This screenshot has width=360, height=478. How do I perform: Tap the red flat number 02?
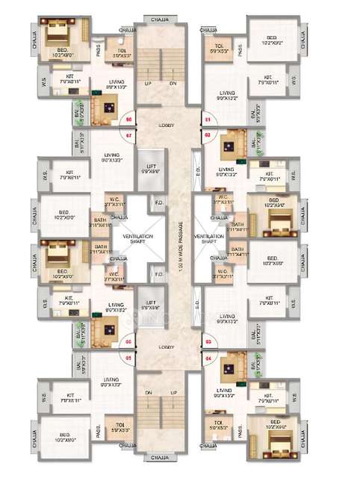click(x=207, y=135)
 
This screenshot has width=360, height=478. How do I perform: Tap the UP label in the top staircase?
click(x=148, y=84)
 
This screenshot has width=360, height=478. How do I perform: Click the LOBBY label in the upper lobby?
click(x=167, y=126)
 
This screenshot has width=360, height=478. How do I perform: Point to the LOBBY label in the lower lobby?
click(x=167, y=348)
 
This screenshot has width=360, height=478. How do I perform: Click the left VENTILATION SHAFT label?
click(x=138, y=238)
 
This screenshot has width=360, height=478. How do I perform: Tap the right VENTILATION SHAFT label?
click(x=210, y=238)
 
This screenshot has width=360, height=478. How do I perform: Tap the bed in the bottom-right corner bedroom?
click(x=274, y=445)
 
